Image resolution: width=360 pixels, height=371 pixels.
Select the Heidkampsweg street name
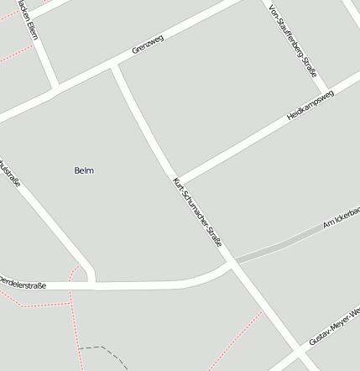coord(310,105)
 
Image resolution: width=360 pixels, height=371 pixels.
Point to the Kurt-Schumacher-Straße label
coord(197,212)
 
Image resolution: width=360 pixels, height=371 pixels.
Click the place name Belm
coord(84,170)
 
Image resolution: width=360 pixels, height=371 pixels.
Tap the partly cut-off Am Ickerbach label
coord(342,220)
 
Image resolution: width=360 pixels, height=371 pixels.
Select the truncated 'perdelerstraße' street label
coord(23,285)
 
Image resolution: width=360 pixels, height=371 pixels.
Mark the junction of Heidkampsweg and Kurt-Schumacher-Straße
coord(178,180)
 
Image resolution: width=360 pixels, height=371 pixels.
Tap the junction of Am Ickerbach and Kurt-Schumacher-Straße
coord(231,264)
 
